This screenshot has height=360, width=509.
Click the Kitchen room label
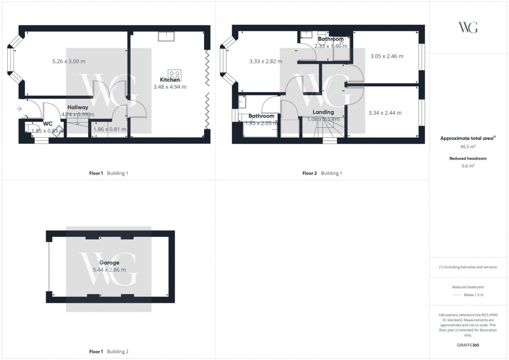[x=170, y=79]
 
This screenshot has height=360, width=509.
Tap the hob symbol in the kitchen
[x=174, y=74]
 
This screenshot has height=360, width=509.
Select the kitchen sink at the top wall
[x=167, y=36]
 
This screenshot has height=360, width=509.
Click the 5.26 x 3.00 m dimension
[x=69, y=61]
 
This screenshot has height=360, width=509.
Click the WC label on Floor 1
[x=47, y=124]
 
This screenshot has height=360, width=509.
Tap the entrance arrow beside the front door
[x=19, y=109]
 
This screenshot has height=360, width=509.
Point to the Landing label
[x=323, y=112]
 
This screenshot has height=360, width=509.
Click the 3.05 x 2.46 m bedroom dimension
[x=386, y=56]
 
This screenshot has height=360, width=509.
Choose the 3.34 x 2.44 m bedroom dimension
[x=385, y=113]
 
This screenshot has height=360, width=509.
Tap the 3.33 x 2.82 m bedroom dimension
[x=265, y=61]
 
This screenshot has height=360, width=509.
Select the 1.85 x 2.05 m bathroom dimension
[x=261, y=123]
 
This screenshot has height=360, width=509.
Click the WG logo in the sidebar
[x=468, y=28]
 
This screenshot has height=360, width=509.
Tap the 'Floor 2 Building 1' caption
[x=322, y=174]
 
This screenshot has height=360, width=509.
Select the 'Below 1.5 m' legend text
[x=475, y=295]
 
